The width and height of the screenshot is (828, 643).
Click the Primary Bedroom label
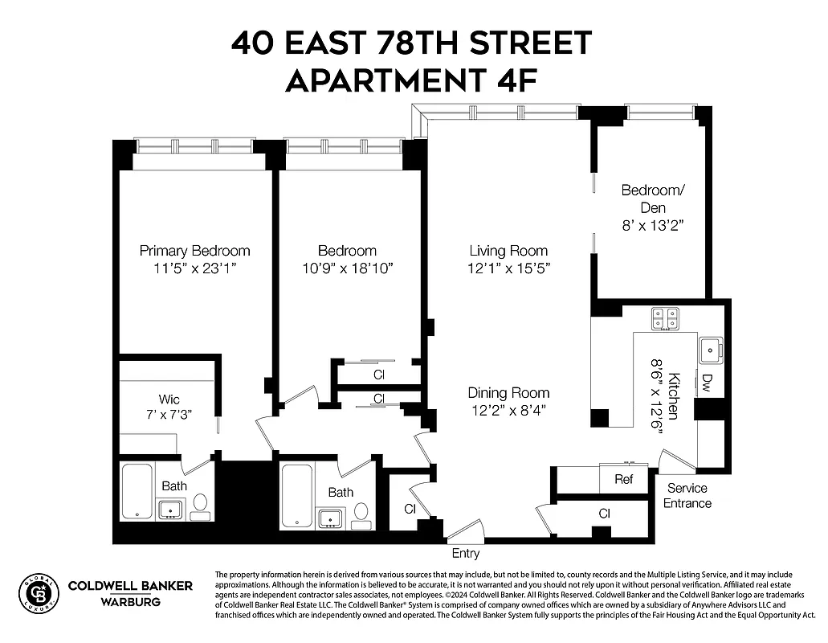coord(194,251)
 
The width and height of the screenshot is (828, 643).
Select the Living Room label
coord(508,251)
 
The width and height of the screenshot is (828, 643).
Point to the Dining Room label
coord(509,393)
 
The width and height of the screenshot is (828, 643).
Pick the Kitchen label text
coord(674,395)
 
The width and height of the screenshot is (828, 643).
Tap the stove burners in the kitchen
coord(663,319)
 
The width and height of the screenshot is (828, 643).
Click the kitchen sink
coord(709,350)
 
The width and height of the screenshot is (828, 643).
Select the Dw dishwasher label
coord(708,380)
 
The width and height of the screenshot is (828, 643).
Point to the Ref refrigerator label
coord(623,480)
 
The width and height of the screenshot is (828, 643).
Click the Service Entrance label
coord(687,496)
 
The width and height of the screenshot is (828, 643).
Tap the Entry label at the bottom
coord(466,554)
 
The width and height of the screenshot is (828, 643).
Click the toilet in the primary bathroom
coord(200,505)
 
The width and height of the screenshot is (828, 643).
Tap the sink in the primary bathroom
coord(170,510)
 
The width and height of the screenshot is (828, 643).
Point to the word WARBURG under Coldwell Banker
coord(129,601)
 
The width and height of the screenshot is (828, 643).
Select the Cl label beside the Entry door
coord(410,509)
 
